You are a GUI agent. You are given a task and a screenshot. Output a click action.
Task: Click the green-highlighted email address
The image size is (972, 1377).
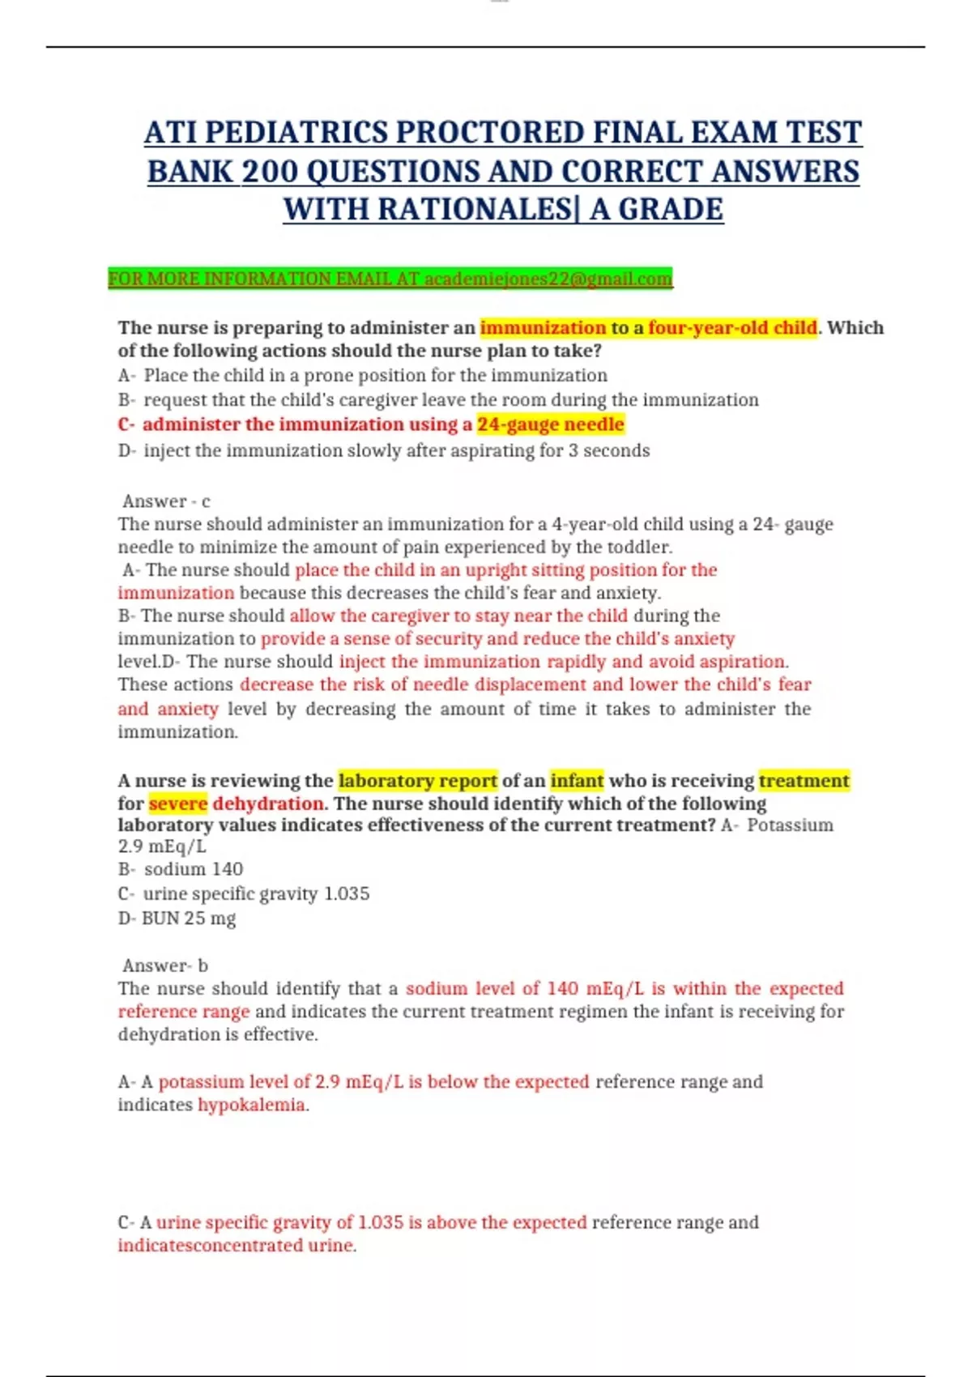[548, 279]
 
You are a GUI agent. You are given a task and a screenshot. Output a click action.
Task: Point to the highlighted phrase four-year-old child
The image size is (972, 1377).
[732, 327]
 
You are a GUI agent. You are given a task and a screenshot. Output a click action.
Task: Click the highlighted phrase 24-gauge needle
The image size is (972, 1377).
[551, 424]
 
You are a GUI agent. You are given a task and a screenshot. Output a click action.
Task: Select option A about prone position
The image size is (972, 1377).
[362, 375]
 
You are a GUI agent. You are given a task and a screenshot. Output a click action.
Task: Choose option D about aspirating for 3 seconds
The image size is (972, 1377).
[384, 450]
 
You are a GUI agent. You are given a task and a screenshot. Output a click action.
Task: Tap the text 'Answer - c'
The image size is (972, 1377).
[166, 501]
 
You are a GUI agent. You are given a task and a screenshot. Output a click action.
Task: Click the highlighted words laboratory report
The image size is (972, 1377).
[418, 780]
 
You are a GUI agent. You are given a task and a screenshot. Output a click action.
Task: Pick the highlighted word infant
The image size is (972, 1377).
[577, 780]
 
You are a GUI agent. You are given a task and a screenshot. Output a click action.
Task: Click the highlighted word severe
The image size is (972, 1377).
[178, 804]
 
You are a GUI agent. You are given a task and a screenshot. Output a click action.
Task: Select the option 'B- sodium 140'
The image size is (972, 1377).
[181, 869]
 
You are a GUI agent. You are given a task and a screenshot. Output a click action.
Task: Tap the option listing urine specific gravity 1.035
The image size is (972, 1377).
[244, 893]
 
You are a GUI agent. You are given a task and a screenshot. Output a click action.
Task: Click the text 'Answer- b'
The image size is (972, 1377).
[165, 965]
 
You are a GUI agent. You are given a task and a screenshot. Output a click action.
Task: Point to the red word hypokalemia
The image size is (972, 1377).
[252, 1105]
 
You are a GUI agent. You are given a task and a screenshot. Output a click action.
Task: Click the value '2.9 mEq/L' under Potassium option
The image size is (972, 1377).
[162, 846]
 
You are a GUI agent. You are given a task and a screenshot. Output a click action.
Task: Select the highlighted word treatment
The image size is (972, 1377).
[804, 780]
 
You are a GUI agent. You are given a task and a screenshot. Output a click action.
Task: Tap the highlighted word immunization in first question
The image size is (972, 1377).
[543, 327]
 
